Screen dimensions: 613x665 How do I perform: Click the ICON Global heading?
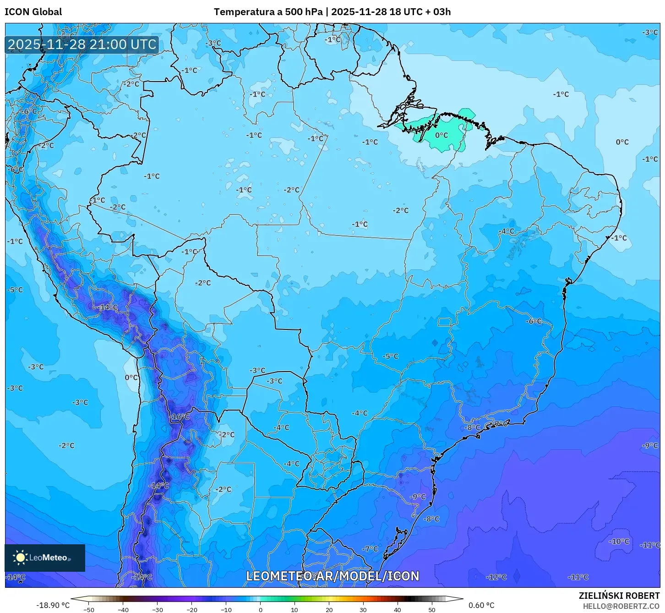[x=33, y=12]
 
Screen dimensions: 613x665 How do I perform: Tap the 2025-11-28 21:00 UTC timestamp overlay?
[x=82, y=44]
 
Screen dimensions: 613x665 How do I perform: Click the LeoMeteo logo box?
[x=45, y=558]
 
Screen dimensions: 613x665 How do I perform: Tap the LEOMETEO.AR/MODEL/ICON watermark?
[x=332, y=576]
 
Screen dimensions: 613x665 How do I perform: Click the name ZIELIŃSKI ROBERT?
[x=619, y=596]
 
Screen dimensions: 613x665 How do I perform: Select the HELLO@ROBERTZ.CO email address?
[x=621, y=606]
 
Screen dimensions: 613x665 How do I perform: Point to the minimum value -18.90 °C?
[x=53, y=605]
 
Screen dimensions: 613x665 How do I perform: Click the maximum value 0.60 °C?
[x=481, y=605]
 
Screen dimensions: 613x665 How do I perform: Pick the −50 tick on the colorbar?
[x=89, y=610]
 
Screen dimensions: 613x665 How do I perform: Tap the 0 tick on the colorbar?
[x=261, y=610]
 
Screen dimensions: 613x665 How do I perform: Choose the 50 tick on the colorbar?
[x=432, y=610]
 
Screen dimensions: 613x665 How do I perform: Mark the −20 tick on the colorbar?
[x=192, y=610]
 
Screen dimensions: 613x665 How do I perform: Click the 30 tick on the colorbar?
[x=363, y=610]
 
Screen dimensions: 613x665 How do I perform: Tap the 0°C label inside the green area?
[x=442, y=135]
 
